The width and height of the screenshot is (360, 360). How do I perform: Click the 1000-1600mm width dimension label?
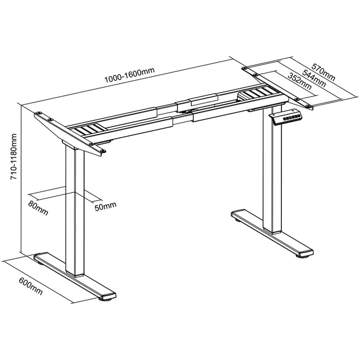pos(130,75)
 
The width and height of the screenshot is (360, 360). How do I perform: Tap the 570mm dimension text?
pos(323,72)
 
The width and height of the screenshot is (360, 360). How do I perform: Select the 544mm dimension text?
pos(314,78)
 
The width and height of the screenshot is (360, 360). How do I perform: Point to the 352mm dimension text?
pos(300,81)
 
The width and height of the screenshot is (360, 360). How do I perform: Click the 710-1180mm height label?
pos(14,156)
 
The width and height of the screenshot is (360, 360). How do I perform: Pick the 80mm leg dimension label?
pos(39,208)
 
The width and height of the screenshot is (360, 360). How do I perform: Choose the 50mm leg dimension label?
pos(105,206)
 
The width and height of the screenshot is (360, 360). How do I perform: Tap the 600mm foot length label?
pos(31,286)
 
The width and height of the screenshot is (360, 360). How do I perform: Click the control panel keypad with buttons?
pos(286,117)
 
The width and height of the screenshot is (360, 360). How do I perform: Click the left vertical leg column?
pos(75,211)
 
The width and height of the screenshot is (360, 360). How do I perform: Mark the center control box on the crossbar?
pos(197,103)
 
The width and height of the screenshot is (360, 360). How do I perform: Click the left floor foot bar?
pos(75,275)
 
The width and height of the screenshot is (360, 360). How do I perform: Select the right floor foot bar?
pos(272,232)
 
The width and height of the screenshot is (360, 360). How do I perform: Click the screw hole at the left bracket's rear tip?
pos(39,113)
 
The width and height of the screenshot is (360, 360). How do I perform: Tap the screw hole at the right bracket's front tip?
pos(308,106)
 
